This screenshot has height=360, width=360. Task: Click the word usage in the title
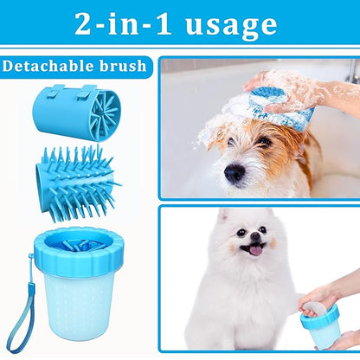tap(231, 26)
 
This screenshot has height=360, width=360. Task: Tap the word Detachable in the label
tap(48, 66)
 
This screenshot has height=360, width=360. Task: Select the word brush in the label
tap(123, 66)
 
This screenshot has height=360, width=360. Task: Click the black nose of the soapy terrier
tap(235, 172)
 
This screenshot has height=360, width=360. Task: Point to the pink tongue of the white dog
tap(256, 250)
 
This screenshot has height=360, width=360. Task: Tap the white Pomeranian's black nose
tap(255, 236)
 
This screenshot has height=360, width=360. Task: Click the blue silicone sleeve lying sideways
tap(77, 112)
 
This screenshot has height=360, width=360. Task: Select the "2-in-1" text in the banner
tap(124, 24)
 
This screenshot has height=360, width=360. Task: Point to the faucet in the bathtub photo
tap(354, 71)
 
